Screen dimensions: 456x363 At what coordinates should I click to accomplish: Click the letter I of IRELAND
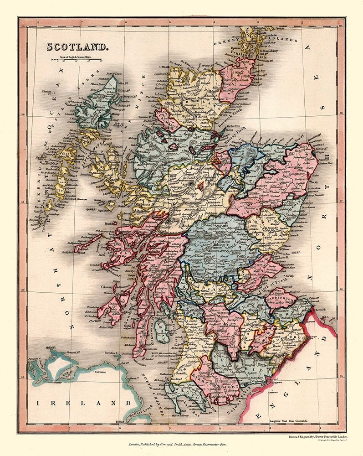click(x=40, y=403)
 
